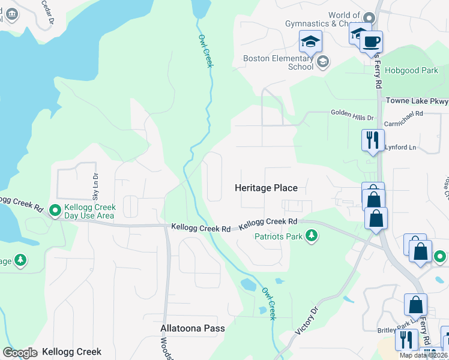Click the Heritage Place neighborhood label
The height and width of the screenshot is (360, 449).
coord(265,188)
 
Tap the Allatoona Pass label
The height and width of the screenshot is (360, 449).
coord(193,328)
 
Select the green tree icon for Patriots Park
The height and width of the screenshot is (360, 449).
coord(311,236)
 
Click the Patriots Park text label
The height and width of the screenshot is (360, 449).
coord(279,236)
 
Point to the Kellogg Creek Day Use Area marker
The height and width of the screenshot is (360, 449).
coord(55,211)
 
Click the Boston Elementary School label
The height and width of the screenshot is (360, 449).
coord(278,62)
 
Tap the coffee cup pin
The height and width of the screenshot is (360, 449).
coord(372,41)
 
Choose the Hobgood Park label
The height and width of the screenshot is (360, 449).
coord(414,70)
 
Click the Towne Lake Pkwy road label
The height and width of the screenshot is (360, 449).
coord(417,101)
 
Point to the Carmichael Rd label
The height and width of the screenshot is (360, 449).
coord(403,113)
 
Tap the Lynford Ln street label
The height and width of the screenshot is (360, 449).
coord(400,147)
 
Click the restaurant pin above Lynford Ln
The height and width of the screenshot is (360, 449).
coord(372,140)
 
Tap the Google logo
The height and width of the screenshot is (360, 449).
coord(20,353)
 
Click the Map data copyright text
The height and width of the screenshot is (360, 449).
coord(424,355)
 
